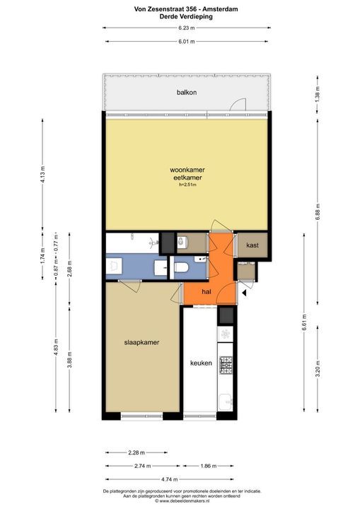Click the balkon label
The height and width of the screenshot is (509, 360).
[187, 93]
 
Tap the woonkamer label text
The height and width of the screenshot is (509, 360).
[187, 170]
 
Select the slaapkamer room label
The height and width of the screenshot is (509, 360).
[141, 342]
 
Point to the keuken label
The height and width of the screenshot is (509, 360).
[201, 363]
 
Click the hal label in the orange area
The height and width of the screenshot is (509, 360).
[207, 292]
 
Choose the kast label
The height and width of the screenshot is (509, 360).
[252, 245]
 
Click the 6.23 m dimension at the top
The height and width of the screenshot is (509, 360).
[187, 28]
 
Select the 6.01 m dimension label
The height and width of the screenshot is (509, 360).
[187, 42]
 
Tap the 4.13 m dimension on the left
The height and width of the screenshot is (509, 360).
[42, 175]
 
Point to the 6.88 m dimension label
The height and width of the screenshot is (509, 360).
[318, 212]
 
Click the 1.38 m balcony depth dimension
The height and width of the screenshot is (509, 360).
[318, 93]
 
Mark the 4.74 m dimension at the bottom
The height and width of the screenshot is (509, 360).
[170, 479]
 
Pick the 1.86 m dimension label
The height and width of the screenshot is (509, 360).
[208, 466]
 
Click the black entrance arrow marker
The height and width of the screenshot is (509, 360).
[244, 293]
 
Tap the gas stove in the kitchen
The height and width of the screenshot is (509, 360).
[226, 365]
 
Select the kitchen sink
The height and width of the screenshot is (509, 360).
[226, 402]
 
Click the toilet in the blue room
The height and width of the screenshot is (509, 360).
[181, 267]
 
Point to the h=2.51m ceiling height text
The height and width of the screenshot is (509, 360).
[188, 185]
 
